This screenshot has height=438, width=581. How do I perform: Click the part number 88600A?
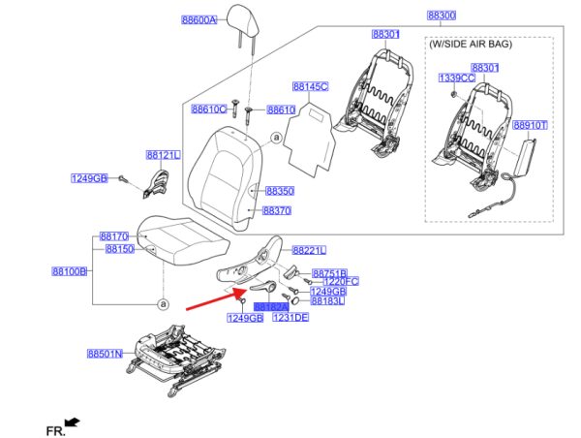pos(199,18)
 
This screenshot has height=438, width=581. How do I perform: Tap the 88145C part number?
pos(311,86)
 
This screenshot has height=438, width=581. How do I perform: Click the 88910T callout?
pos(530,125)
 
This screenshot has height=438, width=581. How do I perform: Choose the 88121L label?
pos(164,154)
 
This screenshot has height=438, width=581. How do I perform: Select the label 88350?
pos(279,192)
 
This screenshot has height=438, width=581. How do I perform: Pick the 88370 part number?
pos(277,210)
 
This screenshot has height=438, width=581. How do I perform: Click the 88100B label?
pos(70,272)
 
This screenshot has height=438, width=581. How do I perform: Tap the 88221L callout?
pos(310,249)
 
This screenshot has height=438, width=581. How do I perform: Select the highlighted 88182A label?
pos(270,305)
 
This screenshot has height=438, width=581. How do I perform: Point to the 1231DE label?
pos(290,317)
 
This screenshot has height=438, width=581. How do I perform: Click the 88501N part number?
pos(105,354)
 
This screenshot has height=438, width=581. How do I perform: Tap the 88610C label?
pos(208,109)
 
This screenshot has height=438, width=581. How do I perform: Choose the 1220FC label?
pos(340,282)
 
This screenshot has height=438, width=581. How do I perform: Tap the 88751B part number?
pos(329,274)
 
